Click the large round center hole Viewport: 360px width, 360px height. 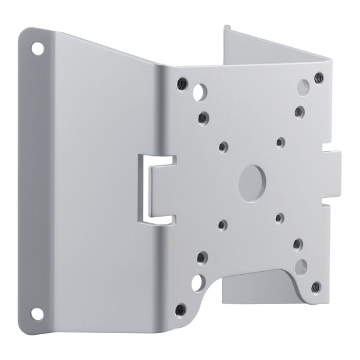pos(253,183)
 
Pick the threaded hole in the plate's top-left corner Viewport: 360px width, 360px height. pos(182,83)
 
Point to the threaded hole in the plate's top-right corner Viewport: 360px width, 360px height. pos(319,77)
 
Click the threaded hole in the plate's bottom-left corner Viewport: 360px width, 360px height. pos(181,310)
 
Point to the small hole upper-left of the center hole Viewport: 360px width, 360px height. pos(224,146)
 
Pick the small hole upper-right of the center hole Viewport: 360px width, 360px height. pos(280,143)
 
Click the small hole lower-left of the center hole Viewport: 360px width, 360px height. pos(223,226)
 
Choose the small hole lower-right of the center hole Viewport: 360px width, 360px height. pos(280,218)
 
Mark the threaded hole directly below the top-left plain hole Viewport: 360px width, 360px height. pos(203,118)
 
